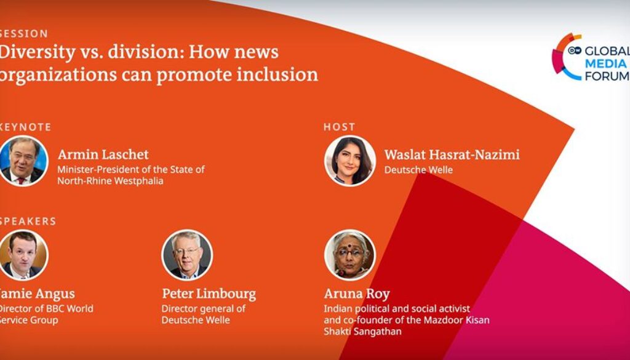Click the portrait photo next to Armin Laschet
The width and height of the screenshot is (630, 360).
pyautogui.click(x=23, y=161)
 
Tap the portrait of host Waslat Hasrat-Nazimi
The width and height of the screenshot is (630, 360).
pyautogui.click(x=349, y=161)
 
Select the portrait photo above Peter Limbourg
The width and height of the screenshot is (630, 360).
pyautogui.click(x=187, y=255)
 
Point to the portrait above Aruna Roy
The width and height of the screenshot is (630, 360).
pyautogui.click(x=349, y=255)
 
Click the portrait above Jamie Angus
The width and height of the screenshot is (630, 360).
pyautogui.click(x=23, y=255)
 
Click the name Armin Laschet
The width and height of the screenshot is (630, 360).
pyautogui.click(x=103, y=154)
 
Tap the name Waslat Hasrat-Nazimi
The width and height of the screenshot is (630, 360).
pyautogui.click(x=452, y=154)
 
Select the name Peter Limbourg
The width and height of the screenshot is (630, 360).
pyautogui.click(x=209, y=294)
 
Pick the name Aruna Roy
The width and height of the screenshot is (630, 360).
pyautogui.click(x=357, y=294)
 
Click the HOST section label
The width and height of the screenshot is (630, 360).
pyautogui.click(x=340, y=127)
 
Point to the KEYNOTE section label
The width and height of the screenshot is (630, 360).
pyautogui.click(x=25, y=127)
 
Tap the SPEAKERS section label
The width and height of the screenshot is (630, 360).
pyautogui.click(x=28, y=221)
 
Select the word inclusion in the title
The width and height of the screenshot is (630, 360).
pyautogui.click(x=279, y=74)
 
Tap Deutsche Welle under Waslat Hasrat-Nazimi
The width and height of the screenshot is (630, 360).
pyautogui.click(x=418, y=170)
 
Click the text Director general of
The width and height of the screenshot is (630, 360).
pyautogui.click(x=203, y=309)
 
